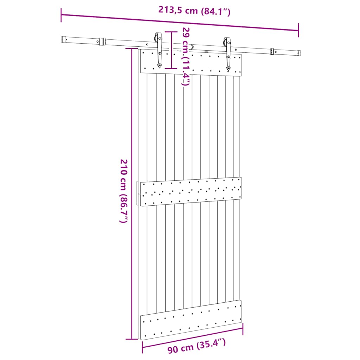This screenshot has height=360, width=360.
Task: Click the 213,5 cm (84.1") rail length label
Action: pyautogui.click(x=194, y=10)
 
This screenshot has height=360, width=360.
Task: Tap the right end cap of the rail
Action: pyautogui.click(x=299, y=53)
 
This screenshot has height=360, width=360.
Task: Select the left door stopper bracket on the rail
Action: pyautogui.click(x=102, y=41)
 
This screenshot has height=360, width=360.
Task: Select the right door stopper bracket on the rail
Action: pyautogui.click(x=272, y=52)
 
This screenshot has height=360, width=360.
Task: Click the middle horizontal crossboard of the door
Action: pyautogui.click(x=191, y=191)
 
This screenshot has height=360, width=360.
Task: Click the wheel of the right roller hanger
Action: pyautogui.click(x=224, y=42)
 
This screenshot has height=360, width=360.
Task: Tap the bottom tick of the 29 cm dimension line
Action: pyautogui.click(x=171, y=68)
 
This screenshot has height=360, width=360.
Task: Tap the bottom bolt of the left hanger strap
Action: pyautogui.click(x=160, y=65)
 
